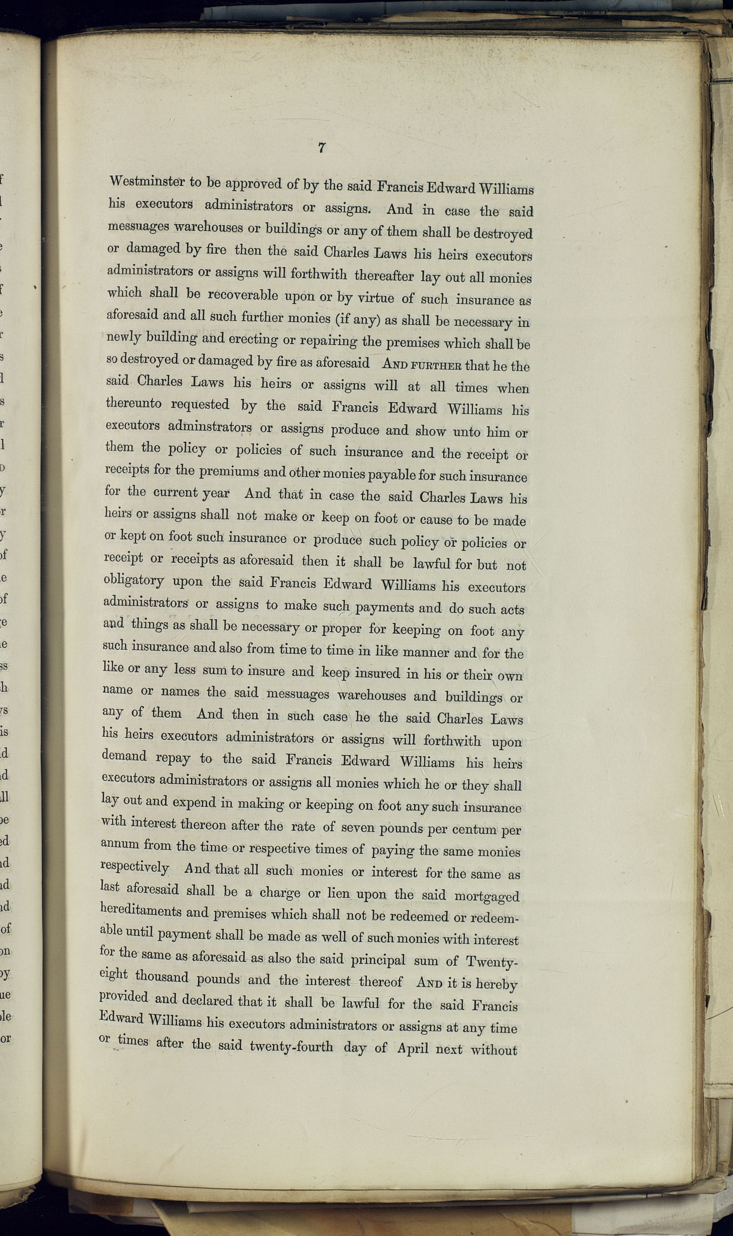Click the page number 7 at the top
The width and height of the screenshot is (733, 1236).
(x=321, y=147)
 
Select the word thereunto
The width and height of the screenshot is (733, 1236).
(x=134, y=403)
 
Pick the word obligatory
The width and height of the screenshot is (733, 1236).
(x=134, y=581)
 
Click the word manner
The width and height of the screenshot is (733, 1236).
(x=426, y=652)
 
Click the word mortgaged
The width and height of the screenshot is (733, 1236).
(x=486, y=896)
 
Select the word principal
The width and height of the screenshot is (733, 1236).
(x=378, y=960)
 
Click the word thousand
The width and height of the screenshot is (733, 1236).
(x=161, y=977)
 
